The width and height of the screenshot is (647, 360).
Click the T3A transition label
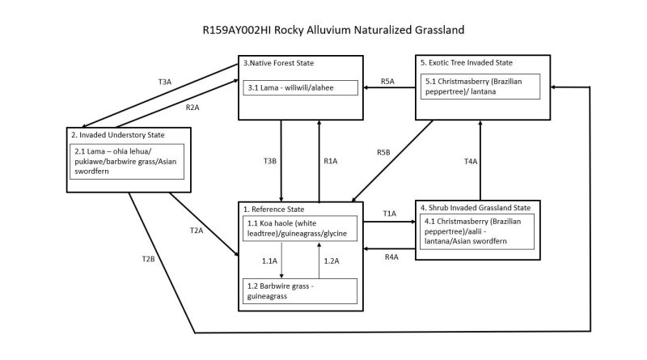tap(165, 82)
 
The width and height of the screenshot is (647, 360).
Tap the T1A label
tap(390, 214)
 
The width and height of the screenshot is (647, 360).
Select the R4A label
tap(391, 257)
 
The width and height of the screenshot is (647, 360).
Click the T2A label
tap(196, 231)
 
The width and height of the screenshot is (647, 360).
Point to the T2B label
tap(147, 259)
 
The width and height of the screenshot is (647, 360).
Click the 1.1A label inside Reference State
tap(269, 260)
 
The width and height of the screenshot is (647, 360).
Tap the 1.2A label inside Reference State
tap(332, 260)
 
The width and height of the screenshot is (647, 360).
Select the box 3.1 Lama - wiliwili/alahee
tap(300, 87)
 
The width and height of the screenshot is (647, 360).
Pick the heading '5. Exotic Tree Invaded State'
tap(467, 62)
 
